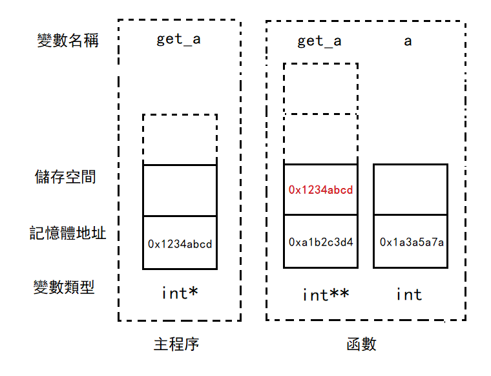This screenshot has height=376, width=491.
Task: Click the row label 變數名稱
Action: (68, 41)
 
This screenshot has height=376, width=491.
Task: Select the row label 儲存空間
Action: (65, 176)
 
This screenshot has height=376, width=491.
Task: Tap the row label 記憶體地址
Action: (68, 233)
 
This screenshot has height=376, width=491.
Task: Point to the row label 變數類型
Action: (64, 287)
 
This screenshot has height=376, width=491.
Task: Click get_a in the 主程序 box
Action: (178, 39)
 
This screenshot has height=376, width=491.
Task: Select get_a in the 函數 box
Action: (319, 41)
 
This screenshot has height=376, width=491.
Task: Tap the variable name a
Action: (408, 41)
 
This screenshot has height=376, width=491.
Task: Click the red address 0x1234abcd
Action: (320, 190)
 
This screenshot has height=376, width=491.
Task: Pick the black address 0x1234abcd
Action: (180, 244)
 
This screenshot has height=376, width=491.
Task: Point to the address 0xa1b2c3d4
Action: (320, 242)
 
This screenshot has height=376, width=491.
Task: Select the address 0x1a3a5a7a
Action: (411, 242)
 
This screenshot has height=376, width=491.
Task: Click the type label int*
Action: (180, 293)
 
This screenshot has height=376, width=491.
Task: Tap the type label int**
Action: (326, 295)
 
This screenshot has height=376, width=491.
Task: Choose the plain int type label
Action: (409, 295)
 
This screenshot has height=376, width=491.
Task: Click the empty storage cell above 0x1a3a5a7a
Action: (410, 189)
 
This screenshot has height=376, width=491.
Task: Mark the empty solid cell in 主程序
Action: (180, 191)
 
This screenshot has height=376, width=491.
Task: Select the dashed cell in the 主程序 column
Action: (180, 140)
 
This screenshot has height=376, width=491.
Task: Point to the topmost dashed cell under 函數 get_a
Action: (320, 88)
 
